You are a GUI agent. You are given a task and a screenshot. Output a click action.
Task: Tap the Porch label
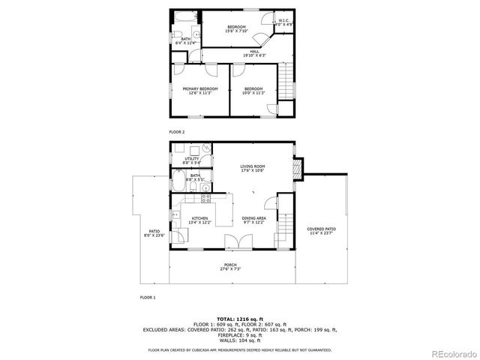tap(230, 266)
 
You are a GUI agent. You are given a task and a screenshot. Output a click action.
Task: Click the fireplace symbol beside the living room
tap(299, 169)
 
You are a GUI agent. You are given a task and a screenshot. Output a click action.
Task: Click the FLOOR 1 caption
tap(148, 298)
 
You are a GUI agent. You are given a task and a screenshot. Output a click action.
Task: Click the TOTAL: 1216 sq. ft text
tap(240, 319)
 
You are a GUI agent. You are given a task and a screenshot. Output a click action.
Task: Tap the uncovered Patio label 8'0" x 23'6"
tap(154, 233)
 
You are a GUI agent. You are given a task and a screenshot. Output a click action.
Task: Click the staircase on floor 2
tap(283, 82)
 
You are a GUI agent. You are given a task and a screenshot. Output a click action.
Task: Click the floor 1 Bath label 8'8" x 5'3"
tap(195, 178)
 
